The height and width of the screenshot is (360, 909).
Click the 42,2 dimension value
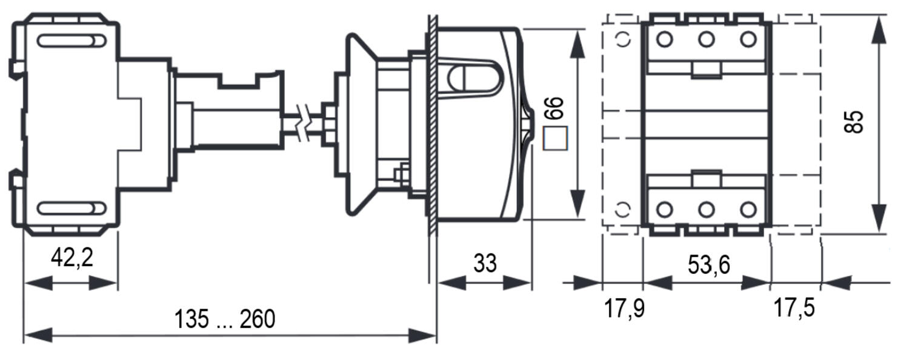(x=72, y=258)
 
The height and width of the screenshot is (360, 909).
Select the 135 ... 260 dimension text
(x=224, y=319)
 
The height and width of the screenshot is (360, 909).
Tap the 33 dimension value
(x=485, y=263)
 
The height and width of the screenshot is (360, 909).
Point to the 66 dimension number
(x=554, y=108)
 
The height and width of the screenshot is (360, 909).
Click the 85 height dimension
(x=853, y=122)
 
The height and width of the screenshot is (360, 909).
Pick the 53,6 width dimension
(x=708, y=265)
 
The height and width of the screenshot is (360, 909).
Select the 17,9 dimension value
(x=624, y=308)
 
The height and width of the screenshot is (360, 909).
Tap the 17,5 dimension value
(x=794, y=308)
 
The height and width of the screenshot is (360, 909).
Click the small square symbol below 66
(x=555, y=138)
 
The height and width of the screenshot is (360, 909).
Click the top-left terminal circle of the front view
(x=664, y=39)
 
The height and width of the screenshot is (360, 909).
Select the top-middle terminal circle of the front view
(x=706, y=39)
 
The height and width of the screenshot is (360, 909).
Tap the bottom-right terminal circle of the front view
(x=748, y=210)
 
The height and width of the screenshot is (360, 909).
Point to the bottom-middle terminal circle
(x=706, y=210)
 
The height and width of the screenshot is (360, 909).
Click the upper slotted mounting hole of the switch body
(x=72, y=41)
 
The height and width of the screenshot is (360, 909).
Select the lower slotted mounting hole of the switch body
(x=72, y=208)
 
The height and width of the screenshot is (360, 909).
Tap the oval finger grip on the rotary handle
(x=474, y=78)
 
